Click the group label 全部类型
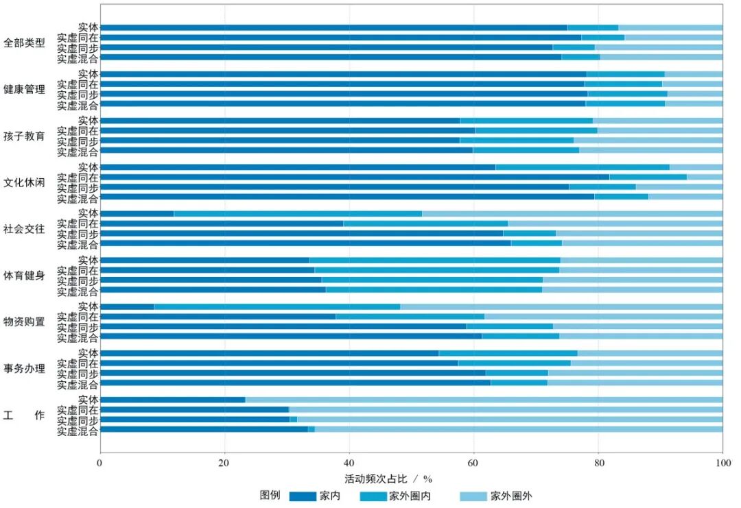(24, 43)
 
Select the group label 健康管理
(24, 89)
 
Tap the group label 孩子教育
(24, 136)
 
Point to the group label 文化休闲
(24, 182)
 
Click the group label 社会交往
(24, 229)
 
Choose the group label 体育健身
(24, 276)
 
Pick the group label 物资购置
(24, 322)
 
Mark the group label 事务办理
(24, 369)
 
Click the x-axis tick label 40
(349, 463)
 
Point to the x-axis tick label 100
(722, 463)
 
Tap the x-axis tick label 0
(100, 463)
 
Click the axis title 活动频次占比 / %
(388, 478)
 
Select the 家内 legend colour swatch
(303, 496)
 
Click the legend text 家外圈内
(410, 496)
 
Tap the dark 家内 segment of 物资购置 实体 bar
(127, 306)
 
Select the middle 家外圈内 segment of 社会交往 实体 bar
(298, 213)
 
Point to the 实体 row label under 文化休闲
(88, 167)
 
